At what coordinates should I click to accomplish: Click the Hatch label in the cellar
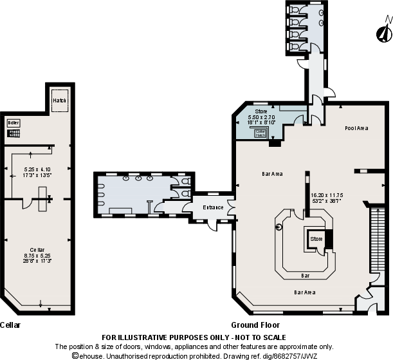pyautogui.click(x=59, y=100)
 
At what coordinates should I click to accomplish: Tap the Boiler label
pyautogui.click(x=14, y=122)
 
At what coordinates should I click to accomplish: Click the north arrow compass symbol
pyautogui.click(x=385, y=32)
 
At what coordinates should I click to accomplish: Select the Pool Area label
pyautogui.click(x=356, y=128)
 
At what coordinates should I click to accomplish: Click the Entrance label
pyautogui.click(x=213, y=207)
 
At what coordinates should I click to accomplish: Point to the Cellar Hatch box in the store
pyautogui.click(x=260, y=133)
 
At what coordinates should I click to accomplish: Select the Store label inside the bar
pyautogui.click(x=316, y=238)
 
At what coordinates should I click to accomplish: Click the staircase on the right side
pyautogui.click(x=378, y=242)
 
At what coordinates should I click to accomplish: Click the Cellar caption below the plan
pyautogui.click(x=10, y=325)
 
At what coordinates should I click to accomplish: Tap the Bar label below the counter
pyautogui.click(x=306, y=276)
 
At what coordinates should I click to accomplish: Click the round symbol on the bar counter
pyautogui.click(x=279, y=227)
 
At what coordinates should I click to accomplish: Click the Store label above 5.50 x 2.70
pyautogui.click(x=260, y=111)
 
